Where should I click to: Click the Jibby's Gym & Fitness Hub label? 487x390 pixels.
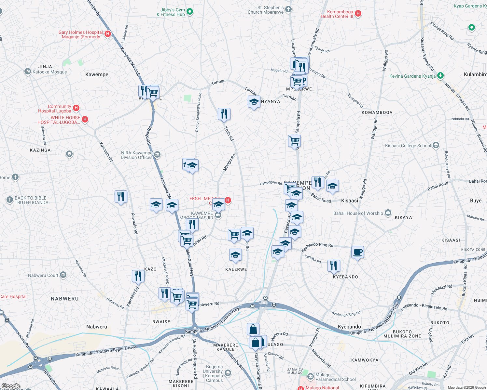(171, 12)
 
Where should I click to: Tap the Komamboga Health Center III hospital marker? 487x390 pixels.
(358, 13)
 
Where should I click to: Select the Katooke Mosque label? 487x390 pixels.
(49, 72)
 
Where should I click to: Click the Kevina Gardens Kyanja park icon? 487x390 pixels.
(440, 76)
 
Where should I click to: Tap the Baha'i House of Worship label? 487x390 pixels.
(358, 213)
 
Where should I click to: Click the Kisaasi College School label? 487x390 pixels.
(408, 146)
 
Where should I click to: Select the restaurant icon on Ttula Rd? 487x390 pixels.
(224, 114)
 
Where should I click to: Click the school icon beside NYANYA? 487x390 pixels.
(254, 102)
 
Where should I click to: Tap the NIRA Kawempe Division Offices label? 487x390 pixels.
(137, 155)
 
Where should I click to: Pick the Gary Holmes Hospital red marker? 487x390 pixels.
(108, 33)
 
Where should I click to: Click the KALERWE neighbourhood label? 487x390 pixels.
(236, 269)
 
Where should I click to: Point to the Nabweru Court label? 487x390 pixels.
(43, 275)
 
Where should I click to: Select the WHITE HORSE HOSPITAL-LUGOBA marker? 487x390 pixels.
(85, 119)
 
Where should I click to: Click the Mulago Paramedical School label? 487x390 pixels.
(335, 377)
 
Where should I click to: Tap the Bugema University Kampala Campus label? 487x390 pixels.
(213, 373)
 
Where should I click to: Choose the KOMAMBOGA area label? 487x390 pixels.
(377, 112)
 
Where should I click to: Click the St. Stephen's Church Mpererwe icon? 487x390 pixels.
(288, 9)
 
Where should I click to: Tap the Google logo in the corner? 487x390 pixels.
(11, 386)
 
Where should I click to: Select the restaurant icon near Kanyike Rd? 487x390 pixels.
(334, 266)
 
